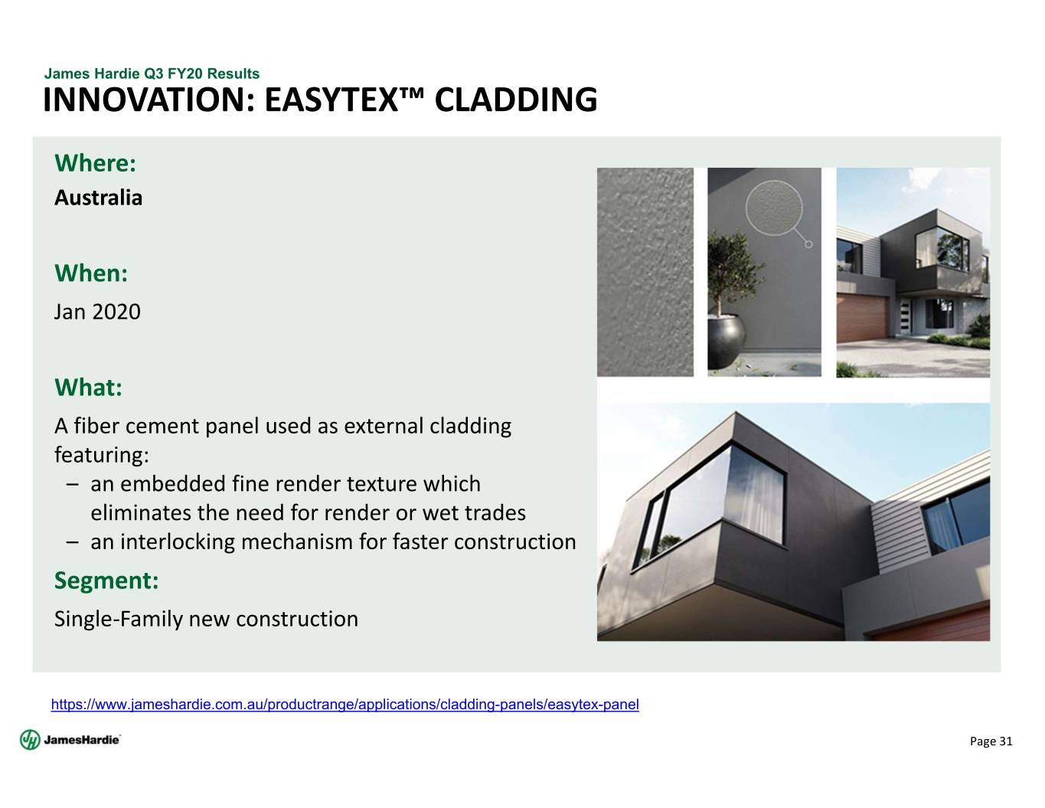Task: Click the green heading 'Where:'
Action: point(95,163)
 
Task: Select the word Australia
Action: point(98,198)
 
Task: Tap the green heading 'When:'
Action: point(91,273)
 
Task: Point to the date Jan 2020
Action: point(97,312)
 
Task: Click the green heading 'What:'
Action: point(89,388)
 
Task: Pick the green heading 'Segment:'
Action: point(106,580)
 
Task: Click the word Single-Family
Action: point(119,619)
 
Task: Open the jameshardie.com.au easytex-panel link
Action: point(345,705)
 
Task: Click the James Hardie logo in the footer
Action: point(70,740)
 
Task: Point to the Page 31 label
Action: point(991,741)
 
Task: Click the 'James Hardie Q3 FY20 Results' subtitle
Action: point(152,74)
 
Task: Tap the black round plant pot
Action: point(726,339)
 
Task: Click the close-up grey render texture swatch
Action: point(645,272)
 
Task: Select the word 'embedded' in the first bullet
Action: point(173,484)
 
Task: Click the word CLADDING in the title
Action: point(515,100)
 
